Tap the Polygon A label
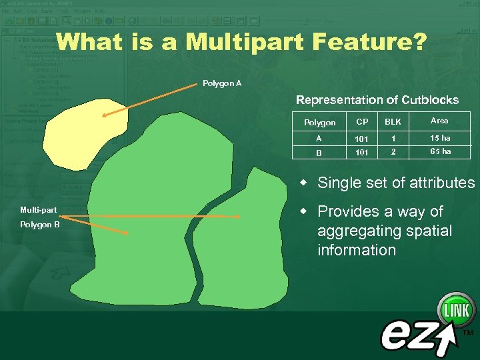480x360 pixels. point(222,83)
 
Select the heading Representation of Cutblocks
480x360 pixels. point(377,100)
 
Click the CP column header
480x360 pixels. point(362,122)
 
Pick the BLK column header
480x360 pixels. point(393,122)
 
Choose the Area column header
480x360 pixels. point(439,121)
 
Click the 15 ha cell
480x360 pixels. point(440,138)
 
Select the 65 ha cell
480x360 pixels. point(440,151)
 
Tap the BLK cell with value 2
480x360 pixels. point(393,152)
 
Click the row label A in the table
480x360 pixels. point(319,139)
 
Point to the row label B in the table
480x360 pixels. point(319,153)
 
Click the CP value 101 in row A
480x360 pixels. point(361,139)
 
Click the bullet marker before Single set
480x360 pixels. point(303,183)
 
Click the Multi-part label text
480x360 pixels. point(38,210)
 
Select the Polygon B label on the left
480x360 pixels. point(40,225)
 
